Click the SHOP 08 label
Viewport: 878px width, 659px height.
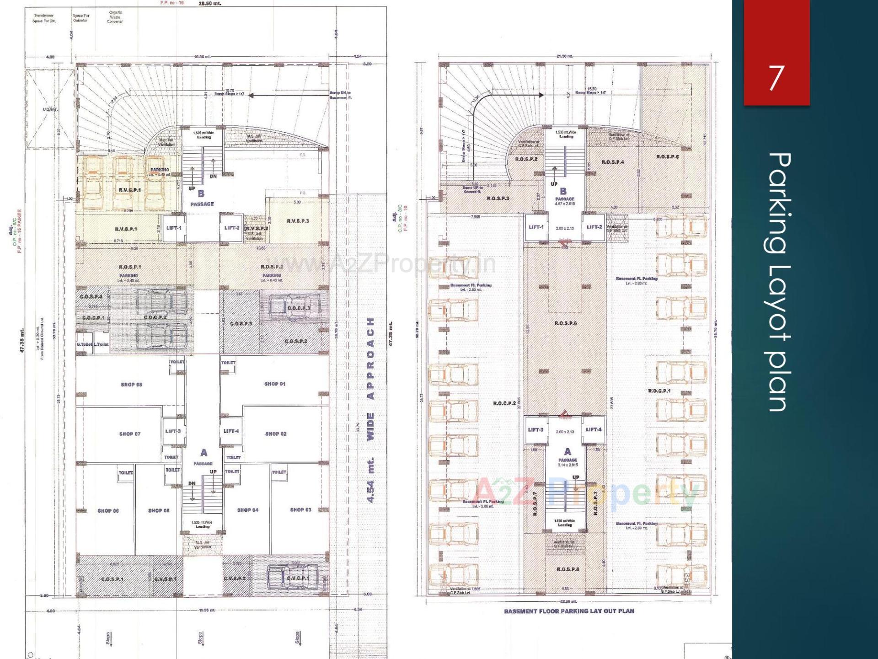point(131,385)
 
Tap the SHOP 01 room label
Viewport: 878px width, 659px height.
point(274,384)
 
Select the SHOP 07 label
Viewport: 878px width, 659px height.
point(130,434)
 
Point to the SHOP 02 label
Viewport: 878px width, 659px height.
point(276,434)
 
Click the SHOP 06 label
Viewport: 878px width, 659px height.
point(108,511)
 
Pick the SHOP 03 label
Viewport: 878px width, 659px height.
point(300,509)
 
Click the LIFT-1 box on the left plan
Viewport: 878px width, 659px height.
point(174,228)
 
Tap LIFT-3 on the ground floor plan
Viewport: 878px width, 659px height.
point(173,431)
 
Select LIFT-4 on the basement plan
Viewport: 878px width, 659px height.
point(594,429)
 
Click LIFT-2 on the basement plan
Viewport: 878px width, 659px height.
point(594,227)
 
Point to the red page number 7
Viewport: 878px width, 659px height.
point(776,78)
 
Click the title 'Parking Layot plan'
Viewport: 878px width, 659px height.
point(779,282)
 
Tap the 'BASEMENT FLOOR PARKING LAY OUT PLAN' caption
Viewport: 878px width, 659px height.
point(569,611)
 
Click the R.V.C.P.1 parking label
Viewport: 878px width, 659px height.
point(130,190)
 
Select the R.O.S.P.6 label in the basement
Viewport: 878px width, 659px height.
point(565,323)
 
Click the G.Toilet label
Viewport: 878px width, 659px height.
point(84,344)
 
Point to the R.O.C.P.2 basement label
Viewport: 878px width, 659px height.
point(504,403)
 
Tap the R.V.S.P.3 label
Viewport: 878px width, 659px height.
point(298,221)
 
